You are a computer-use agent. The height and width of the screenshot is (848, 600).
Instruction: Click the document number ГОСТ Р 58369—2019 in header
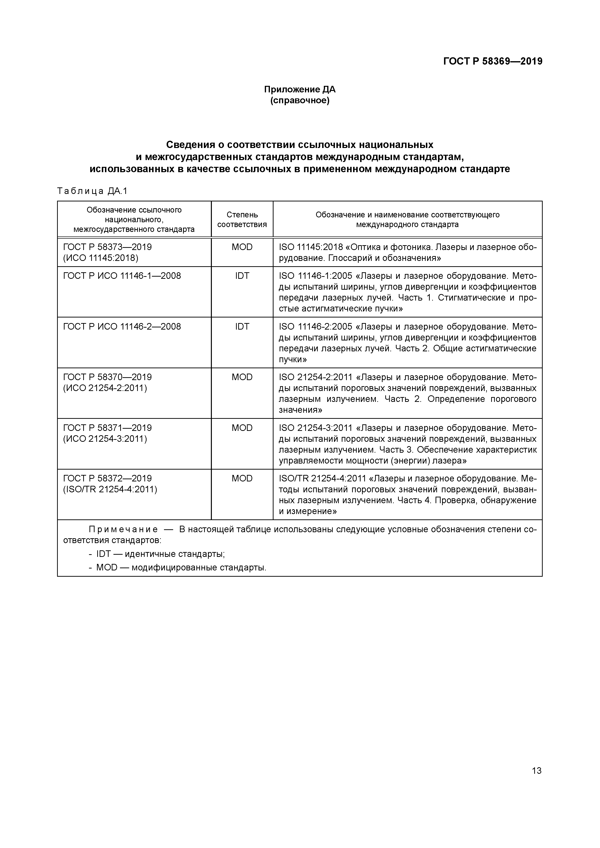pyautogui.click(x=492, y=61)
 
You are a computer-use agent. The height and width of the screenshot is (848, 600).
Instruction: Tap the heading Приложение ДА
pyautogui.click(x=300, y=89)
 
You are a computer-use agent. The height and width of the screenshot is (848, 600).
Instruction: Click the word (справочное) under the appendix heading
pyautogui.click(x=300, y=100)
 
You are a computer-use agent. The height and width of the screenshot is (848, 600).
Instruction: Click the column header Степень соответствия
pyautogui.click(x=242, y=219)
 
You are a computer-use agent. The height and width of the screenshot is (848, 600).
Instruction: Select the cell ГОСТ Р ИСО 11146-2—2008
pyautogui.click(x=122, y=326)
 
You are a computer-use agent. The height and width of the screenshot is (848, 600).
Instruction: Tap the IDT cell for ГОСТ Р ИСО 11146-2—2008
pyautogui.click(x=242, y=326)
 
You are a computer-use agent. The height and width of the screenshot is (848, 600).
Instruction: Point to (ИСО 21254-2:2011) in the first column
pyautogui.click(x=105, y=388)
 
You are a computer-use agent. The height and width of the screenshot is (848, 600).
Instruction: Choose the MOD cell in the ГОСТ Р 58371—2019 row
pyautogui.click(x=242, y=428)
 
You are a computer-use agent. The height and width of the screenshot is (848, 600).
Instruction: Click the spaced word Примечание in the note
pyautogui.click(x=123, y=530)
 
